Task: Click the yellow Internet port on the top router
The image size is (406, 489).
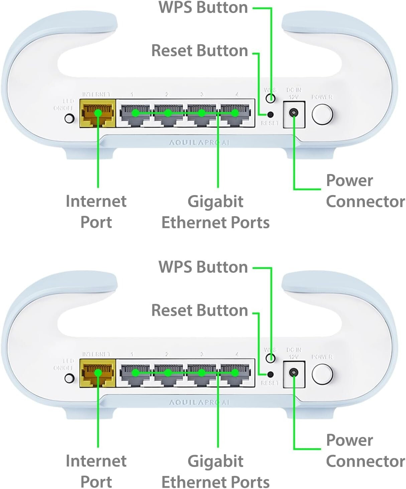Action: point(97,113)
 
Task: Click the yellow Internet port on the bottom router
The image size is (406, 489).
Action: point(97,373)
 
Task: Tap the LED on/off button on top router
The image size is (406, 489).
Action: point(69,118)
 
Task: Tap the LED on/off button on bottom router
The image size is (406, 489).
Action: point(69,378)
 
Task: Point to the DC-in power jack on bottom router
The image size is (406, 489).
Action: point(294,372)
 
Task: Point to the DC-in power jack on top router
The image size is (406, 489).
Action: point(294,113)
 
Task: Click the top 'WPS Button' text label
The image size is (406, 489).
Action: point(203,7)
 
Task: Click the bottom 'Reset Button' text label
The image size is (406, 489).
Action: point(199,310)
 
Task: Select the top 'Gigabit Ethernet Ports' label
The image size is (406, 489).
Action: point(216,212)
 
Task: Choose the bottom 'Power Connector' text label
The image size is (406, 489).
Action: point(365,451)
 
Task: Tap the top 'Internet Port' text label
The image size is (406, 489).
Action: point(96,211)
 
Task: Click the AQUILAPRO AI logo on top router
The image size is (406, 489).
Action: point(199,143)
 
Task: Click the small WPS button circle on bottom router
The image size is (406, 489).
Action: point(271,358)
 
